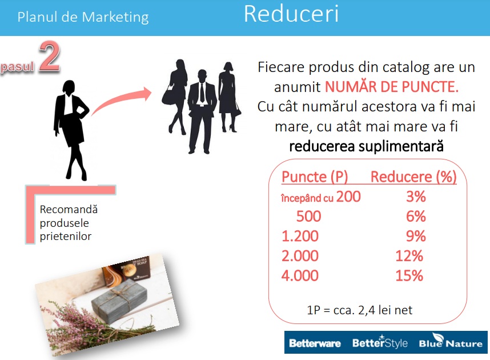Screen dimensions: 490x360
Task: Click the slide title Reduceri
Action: (x=291, y=14)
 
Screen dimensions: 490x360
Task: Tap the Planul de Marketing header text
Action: (x=83, y=17)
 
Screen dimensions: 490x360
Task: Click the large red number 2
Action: (x=49, y=57)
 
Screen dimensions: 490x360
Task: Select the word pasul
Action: (x=18, y=67)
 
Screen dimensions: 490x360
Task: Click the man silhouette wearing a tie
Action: (x=202, y=111)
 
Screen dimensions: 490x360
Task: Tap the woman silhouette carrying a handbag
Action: (x=175, y=97)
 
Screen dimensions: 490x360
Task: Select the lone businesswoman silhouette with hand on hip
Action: (x=71, y=130)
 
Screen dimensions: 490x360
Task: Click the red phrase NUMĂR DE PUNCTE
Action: (x=392, y=87)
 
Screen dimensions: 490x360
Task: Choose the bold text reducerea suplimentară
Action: (x=366, y=146)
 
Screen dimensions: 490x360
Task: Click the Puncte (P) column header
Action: (x=315, y=177)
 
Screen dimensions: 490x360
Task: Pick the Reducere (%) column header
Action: (x=413, y=177)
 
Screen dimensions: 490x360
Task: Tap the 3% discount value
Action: (x=416, y=197)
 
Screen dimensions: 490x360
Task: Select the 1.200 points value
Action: (x=300, y=236)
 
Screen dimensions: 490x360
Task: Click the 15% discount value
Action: (x=409, y=275)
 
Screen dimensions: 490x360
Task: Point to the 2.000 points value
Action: (x=300, y=256)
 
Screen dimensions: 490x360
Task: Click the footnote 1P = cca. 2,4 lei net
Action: (x=360, y=310)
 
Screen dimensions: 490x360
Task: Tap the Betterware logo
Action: (x=315, y=343)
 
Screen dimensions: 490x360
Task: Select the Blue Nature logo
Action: (x=451, y=341)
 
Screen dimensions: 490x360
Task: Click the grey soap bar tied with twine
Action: (x=119, y=301)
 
